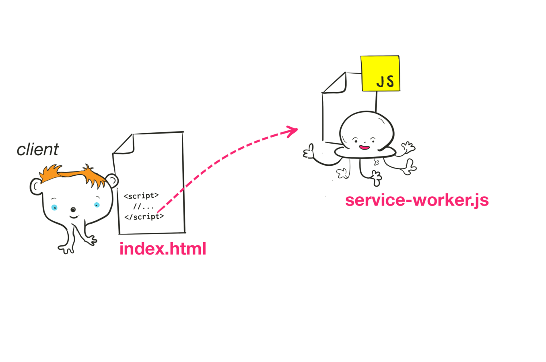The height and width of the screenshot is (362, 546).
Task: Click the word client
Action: [38, 150]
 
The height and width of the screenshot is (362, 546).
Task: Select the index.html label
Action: [163, 249]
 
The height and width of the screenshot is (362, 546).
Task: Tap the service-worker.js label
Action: [417, 200]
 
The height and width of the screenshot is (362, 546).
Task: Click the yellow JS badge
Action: [380, 74]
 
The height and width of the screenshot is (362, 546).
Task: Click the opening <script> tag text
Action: [141, 196]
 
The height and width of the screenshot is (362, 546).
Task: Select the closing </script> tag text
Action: [144, 216]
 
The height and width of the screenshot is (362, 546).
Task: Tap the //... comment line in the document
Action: [144, 207]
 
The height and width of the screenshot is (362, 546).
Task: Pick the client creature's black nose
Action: [73, 210]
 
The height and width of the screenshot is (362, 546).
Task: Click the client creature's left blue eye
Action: [54, 208]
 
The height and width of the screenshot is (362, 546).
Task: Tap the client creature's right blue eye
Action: [97, 205]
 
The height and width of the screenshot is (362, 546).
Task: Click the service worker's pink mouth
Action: [364, 148]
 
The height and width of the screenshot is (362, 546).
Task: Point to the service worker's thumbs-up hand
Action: [309, 152]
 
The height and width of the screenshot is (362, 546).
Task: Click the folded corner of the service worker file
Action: [337, 84]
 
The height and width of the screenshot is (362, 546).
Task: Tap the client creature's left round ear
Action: [36, 186]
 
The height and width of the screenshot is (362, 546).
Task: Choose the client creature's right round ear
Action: [112, 181]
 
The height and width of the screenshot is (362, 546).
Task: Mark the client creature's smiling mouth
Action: [74, 217]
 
